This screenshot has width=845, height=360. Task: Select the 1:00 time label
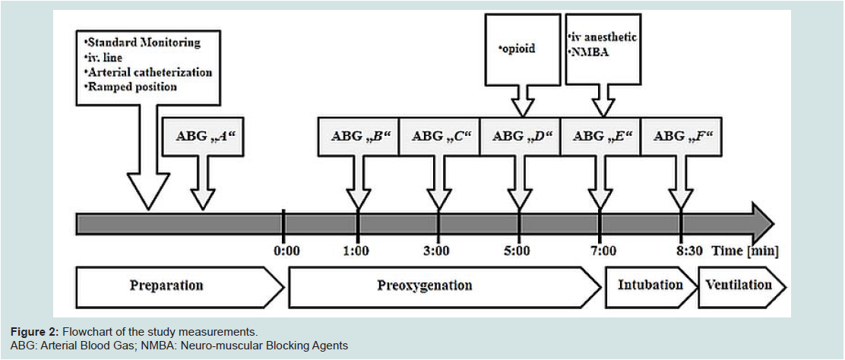357,251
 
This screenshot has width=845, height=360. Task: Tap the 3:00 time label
438,251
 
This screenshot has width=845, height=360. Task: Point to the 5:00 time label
519,251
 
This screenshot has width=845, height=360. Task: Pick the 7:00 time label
600,251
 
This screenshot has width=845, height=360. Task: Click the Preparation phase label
166,285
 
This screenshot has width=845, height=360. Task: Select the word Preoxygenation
424,285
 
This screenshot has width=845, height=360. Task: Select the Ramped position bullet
131,87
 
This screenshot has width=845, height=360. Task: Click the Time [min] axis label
746,251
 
